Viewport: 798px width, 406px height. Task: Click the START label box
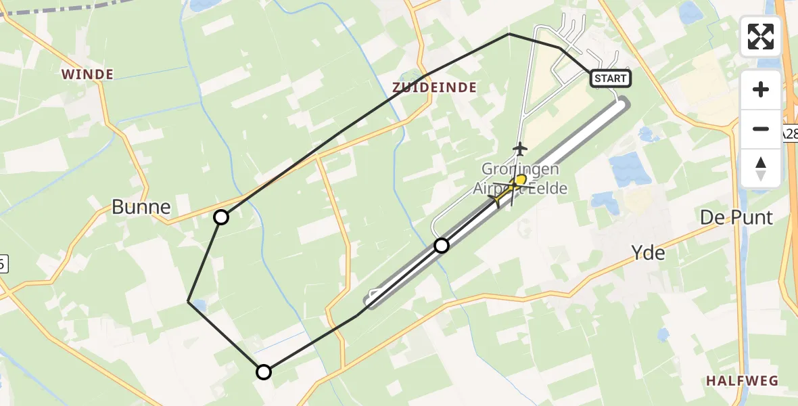[x=611, y=78]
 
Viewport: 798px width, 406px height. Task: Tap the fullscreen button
[x=761, y=37]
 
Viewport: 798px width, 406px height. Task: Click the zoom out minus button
[x=761, y=129]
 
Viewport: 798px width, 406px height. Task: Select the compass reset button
[x=761, y=168]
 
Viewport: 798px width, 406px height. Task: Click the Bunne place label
[x=141, y=207]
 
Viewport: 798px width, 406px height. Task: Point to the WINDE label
[x=88, y=74]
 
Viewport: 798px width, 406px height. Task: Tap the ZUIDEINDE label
[x=434, y=87]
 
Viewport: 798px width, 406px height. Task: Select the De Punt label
[x=735, y=218]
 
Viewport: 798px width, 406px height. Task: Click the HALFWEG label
[x=742, y=381]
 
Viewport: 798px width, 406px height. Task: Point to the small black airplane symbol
[x=519, y=148]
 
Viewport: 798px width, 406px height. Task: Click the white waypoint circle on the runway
[x=441, y=246]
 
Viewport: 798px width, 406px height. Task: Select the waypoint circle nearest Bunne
[x=221, y=217]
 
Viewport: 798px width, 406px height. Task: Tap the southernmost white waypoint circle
[x=264, y=372]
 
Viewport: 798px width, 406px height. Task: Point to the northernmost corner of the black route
[x=509, y=34]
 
